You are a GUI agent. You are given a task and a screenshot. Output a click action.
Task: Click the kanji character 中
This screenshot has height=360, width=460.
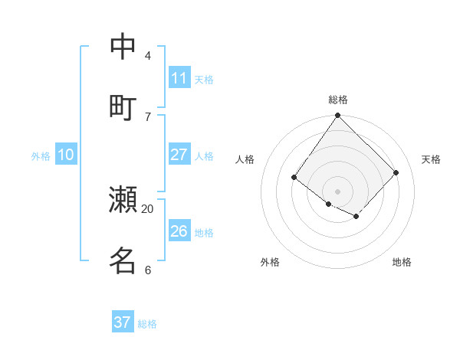pos(123,47)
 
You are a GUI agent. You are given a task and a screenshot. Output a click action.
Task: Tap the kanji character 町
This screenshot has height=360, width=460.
pos(123,107)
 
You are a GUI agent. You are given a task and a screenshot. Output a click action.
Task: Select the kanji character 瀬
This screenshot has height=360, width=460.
pos(123,200)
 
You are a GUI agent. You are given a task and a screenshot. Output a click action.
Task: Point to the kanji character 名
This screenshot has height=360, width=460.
pos(123,260)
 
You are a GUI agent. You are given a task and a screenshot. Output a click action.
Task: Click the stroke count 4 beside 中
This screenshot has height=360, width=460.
pos(148,56)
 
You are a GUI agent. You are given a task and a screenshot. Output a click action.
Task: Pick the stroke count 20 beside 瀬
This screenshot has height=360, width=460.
pos(148,208)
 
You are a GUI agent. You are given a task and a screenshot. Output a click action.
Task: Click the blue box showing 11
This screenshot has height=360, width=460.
pos(179,78)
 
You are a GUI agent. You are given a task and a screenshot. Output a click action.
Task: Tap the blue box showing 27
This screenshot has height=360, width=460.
pos(179,155)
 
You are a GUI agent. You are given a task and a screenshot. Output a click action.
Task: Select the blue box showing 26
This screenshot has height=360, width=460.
pos(179,231)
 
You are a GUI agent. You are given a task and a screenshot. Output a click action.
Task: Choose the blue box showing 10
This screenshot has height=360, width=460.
pos(66,155)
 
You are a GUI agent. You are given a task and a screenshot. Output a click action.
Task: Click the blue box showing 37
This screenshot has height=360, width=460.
pos(123,322)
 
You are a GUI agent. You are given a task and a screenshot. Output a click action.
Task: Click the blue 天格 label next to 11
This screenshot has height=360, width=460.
pos(204,80)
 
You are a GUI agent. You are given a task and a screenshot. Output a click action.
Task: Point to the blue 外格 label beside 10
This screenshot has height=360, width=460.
pos(41,156)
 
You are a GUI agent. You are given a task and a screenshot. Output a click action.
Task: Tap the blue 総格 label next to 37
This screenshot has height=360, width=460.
pos(147,324)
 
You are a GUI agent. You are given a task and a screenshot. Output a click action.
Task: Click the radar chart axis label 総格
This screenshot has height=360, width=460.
pos(338,100)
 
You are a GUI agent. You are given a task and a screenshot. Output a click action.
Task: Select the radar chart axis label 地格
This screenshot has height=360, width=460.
pos(402,262)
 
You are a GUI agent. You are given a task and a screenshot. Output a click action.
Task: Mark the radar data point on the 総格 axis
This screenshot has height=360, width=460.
pos(338,116)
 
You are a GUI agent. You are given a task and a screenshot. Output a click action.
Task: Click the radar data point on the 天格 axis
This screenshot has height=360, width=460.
pos(396,172)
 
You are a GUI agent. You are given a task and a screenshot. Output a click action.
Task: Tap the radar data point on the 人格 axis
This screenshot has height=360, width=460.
pos(294,178)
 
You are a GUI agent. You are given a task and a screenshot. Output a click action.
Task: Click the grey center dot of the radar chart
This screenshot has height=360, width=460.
pos(338,191)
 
